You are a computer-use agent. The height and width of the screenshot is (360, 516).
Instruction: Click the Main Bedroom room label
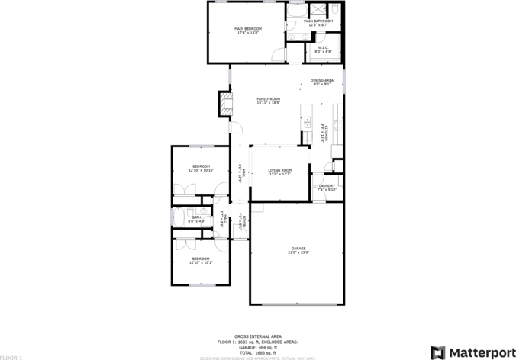click(247, 28)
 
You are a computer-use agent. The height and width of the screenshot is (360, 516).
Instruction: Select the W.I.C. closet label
click(324, 47)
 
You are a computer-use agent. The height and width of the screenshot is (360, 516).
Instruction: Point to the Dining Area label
click(321, 80)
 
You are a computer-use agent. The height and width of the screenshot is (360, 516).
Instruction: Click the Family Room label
click(268, 99)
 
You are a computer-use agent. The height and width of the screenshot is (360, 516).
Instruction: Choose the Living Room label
click(280, 170)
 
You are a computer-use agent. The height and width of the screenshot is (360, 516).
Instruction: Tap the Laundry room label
click(327, 185)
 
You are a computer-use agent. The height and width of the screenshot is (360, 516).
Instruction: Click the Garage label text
click(298, 249)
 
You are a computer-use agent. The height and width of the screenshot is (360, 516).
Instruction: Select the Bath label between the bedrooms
click(196, 217)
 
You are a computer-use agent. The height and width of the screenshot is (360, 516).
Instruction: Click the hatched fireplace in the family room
click(225, 104)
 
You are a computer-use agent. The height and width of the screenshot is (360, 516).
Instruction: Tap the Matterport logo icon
click(438, 352)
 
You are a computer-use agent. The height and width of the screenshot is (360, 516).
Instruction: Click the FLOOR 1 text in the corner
click(11, 356)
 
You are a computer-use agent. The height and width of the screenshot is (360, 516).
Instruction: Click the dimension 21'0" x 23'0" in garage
click(298, 252)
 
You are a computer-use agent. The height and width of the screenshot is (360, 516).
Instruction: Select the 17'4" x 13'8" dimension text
click(247, 33)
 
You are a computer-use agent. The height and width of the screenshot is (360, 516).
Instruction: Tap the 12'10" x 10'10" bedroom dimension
click(201, 170)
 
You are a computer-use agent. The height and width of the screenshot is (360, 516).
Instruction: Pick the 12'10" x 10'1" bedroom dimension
click(201, 262)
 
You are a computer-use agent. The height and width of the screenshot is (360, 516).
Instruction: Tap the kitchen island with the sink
click(307, 122)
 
